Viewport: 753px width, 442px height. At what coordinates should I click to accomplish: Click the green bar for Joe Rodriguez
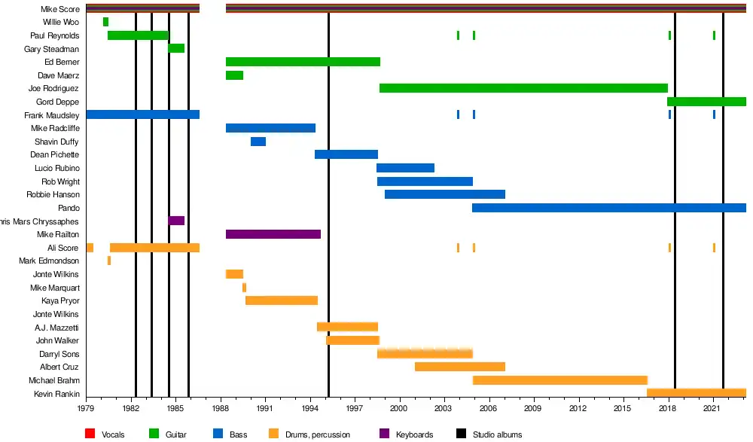click(x=523, y=88)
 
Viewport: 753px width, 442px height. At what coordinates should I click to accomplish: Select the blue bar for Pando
click(x=608, y=208)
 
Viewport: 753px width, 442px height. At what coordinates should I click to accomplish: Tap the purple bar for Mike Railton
click(x=273, y=234)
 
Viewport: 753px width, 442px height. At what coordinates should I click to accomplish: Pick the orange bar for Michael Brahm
click(x=560, y=380)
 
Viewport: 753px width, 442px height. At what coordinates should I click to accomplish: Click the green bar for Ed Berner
click(x=303, y=62)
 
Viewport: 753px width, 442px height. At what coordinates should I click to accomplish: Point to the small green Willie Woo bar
click(x=105, y=22)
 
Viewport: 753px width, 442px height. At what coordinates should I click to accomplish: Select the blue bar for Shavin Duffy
click(x=258, y=142)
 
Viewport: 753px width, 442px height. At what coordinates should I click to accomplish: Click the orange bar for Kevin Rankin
click(x=697, y=393)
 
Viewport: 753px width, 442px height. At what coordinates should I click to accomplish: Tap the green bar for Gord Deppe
click(x=706, y=102)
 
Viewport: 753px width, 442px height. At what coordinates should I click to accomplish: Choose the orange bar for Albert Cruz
click(x=460, y=367)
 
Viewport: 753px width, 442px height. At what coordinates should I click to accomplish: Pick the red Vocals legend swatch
click(x=90, y=434)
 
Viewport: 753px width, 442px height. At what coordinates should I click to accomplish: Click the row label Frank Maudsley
click(x=51, y=115)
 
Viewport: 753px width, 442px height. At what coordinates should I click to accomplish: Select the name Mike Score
click(x=61, y=9)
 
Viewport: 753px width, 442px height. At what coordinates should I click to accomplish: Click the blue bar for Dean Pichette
click(x=346, y=154)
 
